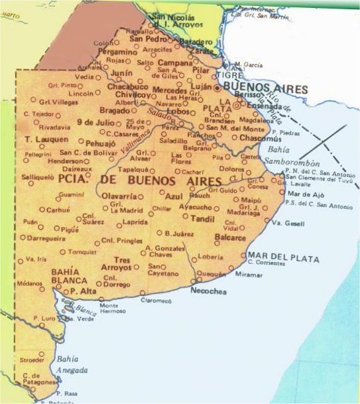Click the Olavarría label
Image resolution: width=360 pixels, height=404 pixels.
click(119, 196)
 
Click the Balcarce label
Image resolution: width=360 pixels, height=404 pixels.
click(231, 237)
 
